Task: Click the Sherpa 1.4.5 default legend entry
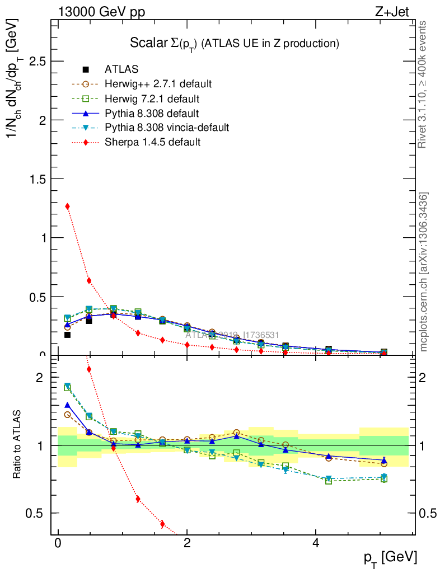tap(152, 142)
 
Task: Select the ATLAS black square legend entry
tap(121, 69)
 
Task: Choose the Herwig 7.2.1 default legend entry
tap(152, 98)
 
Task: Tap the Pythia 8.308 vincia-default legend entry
tap(167, 128)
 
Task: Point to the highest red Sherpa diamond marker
tap(68, 206)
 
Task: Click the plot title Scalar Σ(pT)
tap(235, 43)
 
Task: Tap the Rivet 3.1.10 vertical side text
tap(423, 84)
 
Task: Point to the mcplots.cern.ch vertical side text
tap(424, 271)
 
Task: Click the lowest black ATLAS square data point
tap(68, 335)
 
